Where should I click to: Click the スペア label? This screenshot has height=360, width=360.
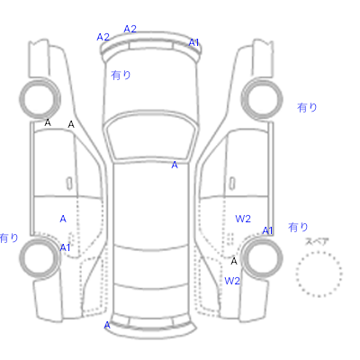pos(317,241)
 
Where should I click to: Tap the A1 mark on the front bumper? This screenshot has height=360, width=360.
pos(193,42)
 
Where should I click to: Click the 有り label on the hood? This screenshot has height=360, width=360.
pos(121,75)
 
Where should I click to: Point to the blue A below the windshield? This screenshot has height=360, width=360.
pos(175,165)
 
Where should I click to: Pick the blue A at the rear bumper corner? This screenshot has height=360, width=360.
pos(107,325)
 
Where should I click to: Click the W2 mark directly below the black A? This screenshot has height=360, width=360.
pos(232,281)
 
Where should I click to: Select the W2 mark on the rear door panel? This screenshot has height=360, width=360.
pos(243,219)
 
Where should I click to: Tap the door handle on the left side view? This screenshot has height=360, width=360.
pos(69,184)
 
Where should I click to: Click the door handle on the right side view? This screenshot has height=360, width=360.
pos(232,184)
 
